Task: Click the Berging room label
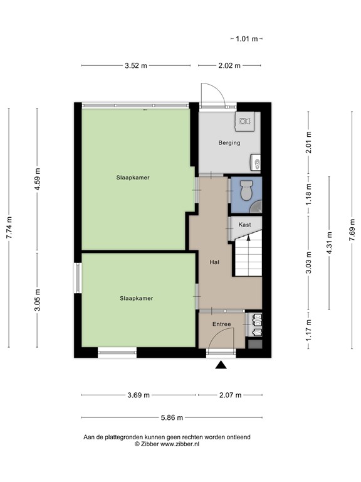[229, 143]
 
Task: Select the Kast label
[244, 225]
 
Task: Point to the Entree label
[221, 324]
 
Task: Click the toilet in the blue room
[246, 188]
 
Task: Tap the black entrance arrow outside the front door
[221, 365]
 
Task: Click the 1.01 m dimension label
[247, 39]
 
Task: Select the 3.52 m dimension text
[136, 65]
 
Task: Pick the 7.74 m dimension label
[9, 228]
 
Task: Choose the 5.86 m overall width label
[171, 418]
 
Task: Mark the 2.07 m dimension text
[230, 395]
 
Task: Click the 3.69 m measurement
[139, 395]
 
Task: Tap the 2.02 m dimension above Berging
[230, 65]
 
